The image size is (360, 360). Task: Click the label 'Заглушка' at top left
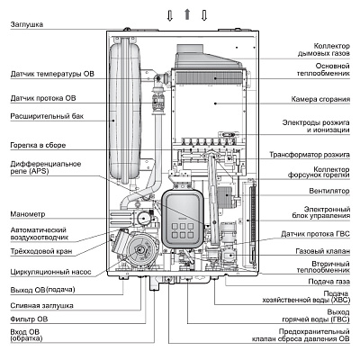point(27,24)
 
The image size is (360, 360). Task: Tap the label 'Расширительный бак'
point(47,116)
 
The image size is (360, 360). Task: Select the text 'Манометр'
point(28,214)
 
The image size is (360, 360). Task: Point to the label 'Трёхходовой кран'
point(41,251)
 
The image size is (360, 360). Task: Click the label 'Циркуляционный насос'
point(50,272)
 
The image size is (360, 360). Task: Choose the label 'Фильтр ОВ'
point(29,319)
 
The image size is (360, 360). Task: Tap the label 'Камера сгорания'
point(320,99)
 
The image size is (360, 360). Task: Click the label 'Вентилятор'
point(329,191)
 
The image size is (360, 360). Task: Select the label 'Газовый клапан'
point(322,251)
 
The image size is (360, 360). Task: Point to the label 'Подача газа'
point(328,282)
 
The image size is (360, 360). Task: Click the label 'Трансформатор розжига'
point(310,155)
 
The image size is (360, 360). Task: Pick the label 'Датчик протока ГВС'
point(315,234)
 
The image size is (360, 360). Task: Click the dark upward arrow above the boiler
point(187,14)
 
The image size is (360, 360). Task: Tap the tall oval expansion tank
point(124,113)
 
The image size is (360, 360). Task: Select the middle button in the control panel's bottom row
point(183,235)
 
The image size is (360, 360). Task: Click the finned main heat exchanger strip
point(211,77)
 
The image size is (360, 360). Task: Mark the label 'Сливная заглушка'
point(42,306)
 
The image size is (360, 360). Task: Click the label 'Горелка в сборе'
point(38,145)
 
